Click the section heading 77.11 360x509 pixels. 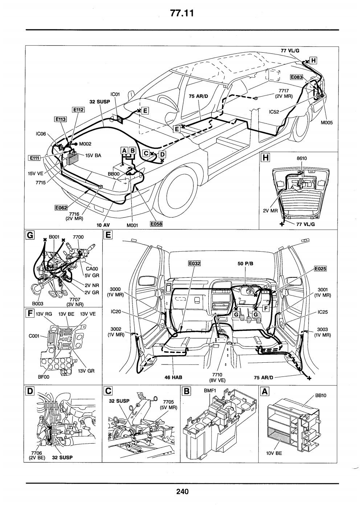tap(182, 13)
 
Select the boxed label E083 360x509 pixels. tap(296, 77)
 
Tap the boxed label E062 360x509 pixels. tap(61, 207)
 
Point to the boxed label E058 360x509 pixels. tap(156, 224)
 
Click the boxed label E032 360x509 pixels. tap(195, 263)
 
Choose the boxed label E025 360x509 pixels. tap(320, 269)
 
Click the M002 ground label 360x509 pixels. tap(85, 144)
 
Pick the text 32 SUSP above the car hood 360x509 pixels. tap(99, 102)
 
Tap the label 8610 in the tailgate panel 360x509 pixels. tap(302, 158)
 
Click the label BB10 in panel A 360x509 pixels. tap(320, 395)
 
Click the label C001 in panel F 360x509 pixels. tap(34, 336)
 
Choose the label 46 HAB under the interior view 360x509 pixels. tap(173, 378)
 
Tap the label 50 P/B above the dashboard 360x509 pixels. tap(245, 264)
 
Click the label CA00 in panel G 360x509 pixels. tap(92, 269)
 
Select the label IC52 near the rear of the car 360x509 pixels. tap(274, 112)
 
